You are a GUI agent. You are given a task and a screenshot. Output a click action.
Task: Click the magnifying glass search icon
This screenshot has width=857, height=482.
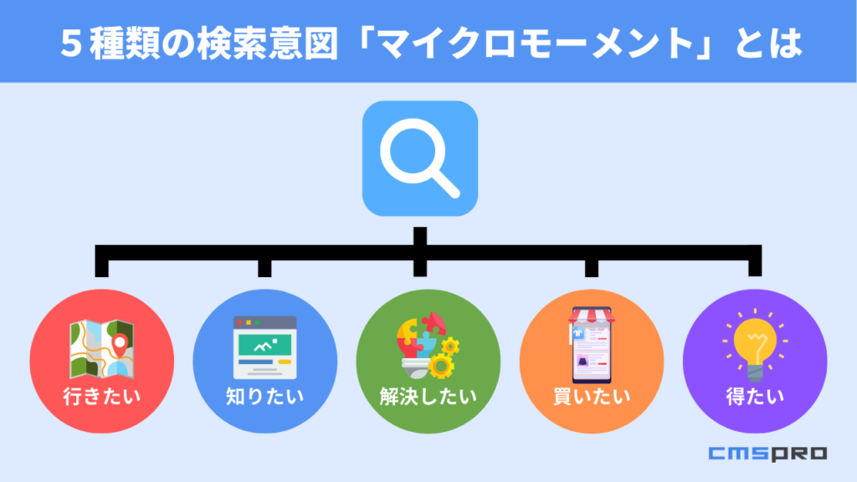[420, 158]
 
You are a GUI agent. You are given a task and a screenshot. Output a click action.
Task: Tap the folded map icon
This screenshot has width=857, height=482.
[101, 349]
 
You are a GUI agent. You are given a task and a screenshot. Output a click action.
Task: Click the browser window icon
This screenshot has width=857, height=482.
[265, 347]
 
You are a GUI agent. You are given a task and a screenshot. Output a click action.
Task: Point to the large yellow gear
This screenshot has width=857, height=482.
[440, 366]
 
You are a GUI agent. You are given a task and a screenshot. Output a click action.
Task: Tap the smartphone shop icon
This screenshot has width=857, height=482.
[592, 344]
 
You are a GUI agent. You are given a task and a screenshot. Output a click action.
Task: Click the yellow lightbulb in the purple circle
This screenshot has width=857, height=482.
[755, 346]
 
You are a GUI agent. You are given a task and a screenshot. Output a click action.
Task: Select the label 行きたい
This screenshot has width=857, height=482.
[101, 396]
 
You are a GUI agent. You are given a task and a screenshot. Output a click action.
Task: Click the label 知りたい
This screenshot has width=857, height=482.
[265, 396]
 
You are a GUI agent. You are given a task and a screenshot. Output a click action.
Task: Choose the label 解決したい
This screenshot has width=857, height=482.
[428, 396]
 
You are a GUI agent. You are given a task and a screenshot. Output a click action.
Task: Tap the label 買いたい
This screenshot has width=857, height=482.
[592, 396]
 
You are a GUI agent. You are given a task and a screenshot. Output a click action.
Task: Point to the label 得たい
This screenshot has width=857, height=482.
[755, 396]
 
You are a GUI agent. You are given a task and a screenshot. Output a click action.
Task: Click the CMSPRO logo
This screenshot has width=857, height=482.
[768, 454]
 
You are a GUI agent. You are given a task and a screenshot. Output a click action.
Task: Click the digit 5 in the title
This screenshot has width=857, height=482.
[71, 44]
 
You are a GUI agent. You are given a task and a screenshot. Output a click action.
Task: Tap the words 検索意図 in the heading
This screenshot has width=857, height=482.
[268, 44]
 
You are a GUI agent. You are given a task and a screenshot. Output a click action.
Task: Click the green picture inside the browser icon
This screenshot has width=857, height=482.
[265, 344]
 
